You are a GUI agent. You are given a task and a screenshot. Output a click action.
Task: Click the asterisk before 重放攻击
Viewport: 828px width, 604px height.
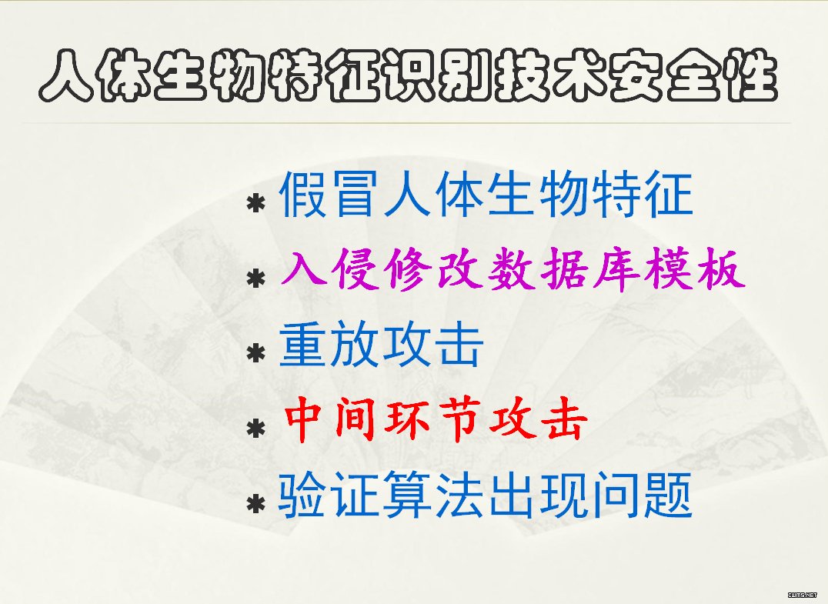(x=256, y=353)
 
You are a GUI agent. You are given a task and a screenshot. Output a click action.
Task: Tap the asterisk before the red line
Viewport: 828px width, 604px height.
(x=256, y=429)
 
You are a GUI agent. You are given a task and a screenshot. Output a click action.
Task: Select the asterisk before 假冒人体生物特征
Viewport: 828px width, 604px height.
(x=256, y=203)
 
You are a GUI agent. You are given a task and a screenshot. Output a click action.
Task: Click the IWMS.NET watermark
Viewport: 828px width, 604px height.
(x=803, y=595)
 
